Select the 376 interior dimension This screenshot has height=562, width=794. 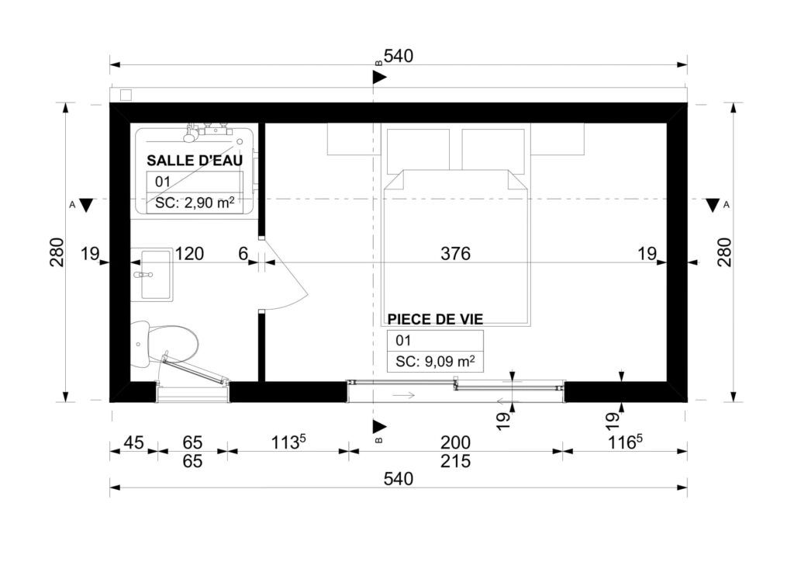coord(455,253)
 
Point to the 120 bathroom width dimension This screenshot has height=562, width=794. coord(189,253)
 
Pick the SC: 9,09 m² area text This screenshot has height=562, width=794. coord(434,361)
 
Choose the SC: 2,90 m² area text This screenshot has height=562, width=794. coord(195,203)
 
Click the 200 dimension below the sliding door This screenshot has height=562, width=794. coord(455,442)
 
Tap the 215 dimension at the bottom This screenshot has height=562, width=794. coord(455,461)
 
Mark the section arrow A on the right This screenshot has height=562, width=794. coord(713,206)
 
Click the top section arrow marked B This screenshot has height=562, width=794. coord(379,77)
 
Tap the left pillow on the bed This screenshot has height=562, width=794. coord(419,149)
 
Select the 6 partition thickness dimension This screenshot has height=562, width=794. coord(243,253)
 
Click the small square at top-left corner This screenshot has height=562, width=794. coord(126,95)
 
